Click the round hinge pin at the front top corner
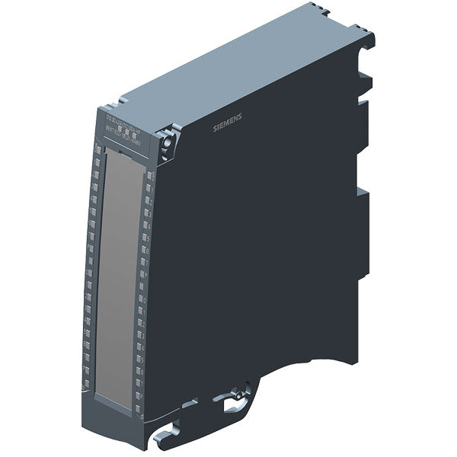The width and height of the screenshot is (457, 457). click(x=165, y=142)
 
